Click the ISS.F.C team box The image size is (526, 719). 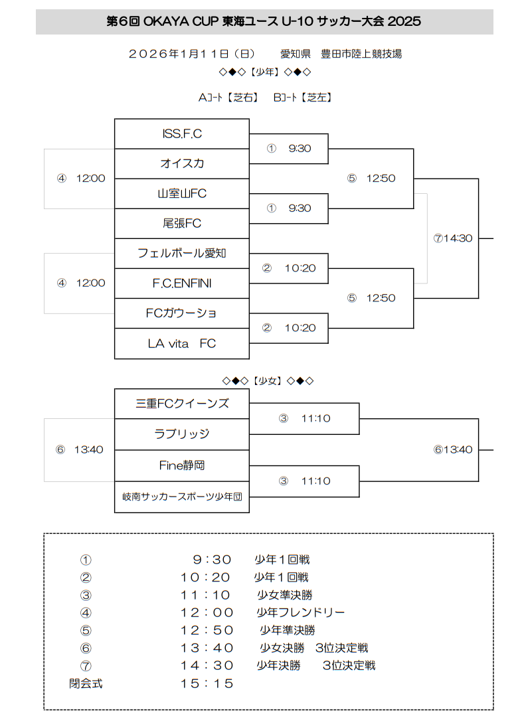click(182, 133)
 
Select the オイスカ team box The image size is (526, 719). click(182, 163)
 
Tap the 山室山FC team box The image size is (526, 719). click(182, 193)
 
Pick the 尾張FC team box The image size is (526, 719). click(182, 223)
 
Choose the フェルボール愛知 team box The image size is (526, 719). click(182, 253)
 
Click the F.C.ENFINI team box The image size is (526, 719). click(182, 283)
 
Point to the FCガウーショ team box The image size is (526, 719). click(182, 313)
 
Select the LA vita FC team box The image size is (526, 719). click(182, 343)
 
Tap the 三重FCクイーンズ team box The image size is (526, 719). click(182, 403)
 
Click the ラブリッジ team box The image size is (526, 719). click(182, 434)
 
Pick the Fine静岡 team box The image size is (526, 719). click(182, 465)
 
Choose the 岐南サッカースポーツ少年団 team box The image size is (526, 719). click(182, 497)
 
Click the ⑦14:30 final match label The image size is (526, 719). click(452, 238)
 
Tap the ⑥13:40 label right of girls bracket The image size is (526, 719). click(452, 449)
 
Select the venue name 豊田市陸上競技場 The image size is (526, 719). click(361, 54)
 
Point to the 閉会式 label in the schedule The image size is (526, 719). click(86, 682)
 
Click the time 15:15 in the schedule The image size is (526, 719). click(207, 682)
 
